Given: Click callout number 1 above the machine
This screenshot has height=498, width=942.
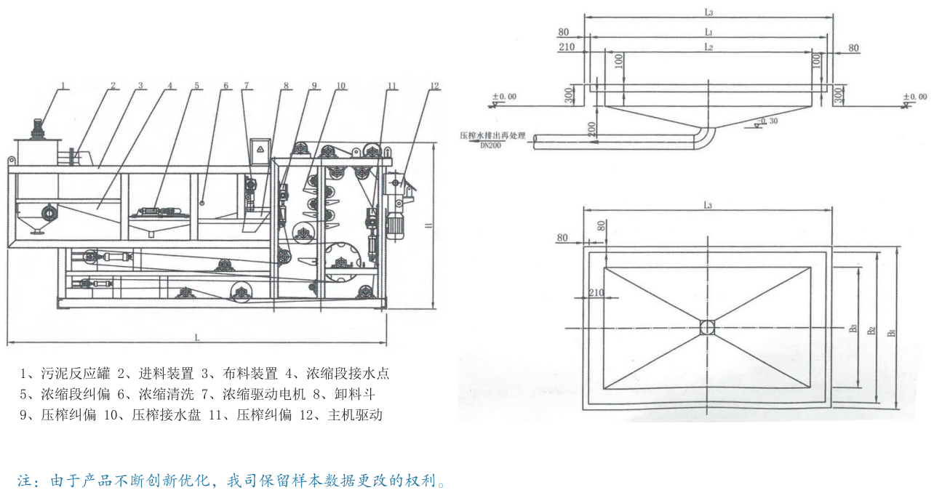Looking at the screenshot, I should coord(64,85).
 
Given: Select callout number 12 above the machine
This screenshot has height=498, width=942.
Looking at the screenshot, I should coord(435,85).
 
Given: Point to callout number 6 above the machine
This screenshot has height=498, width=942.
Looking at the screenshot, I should coord(226,85).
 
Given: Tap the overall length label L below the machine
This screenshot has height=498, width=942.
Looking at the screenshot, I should coord(197,336).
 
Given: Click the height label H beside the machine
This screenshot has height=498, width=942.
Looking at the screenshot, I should coord(428,226).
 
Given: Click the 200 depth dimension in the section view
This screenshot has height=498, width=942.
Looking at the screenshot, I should coord(592,129).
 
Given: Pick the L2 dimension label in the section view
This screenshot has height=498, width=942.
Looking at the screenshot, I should coord(708,47).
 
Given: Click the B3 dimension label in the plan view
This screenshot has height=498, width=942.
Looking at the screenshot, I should coord(852,329).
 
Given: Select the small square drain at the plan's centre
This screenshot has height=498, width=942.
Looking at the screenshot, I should coord(708,328).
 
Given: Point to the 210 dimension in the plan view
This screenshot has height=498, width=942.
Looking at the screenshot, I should coord(596,292).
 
